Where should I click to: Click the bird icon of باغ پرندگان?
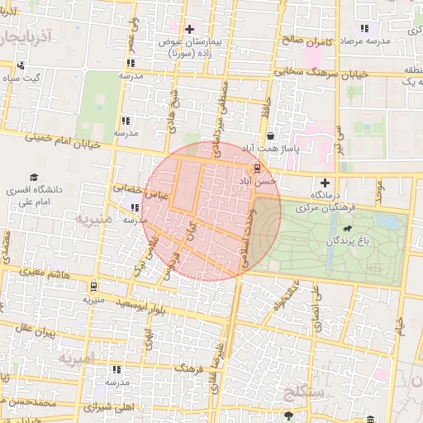(x=345, y=229)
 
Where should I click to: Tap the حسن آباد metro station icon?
(x=257, y=168)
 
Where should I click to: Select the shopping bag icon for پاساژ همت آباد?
(x=270, y=136)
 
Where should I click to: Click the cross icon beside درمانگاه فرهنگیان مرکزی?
(x=325, y=183)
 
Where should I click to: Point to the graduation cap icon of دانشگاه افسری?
(x=34, y=178)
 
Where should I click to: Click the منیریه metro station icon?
(x=93, y=287)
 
